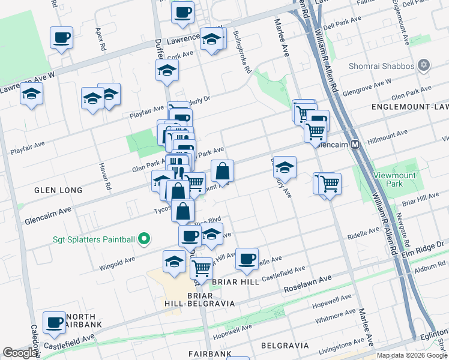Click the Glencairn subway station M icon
355,145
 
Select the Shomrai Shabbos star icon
424,65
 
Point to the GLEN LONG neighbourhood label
58,190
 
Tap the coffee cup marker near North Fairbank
54,322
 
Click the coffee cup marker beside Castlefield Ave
246,259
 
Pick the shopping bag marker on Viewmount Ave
222,171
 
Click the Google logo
20,353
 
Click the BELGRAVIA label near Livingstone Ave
285,346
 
